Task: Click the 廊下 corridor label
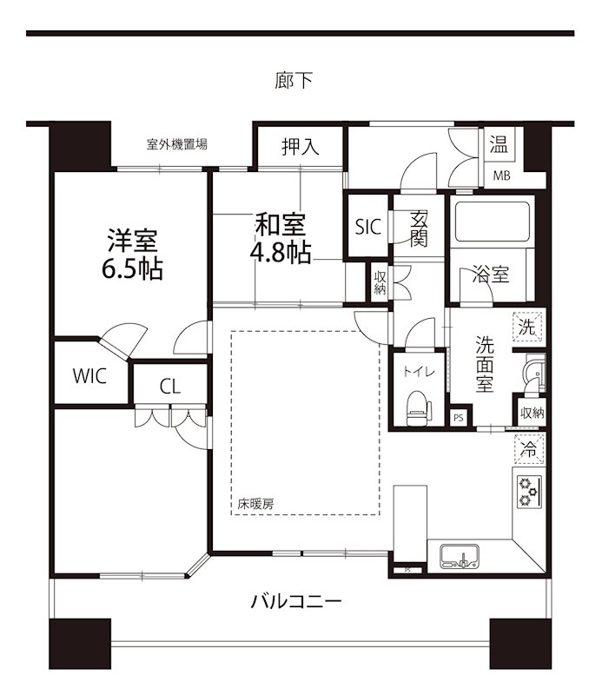tap(293, 82)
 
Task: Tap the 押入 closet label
tap(300, 148)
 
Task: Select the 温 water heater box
tap(499, 145)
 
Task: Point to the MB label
tap(502, 176)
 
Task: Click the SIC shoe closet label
tap(367, 228)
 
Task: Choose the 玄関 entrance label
tap(419, 228)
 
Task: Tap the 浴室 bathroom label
tap(491, 275)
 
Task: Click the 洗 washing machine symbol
tap(528, 328)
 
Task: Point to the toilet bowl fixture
tap(416, 405)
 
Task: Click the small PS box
tap(459, 417)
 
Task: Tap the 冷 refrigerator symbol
tap(528, 449)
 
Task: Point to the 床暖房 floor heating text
tap(256, 503)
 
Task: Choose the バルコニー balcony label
tap(296, 600)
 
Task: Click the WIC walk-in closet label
tap(89, 376)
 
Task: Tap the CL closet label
tap(170, 386)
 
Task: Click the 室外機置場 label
tap(176, 144)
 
